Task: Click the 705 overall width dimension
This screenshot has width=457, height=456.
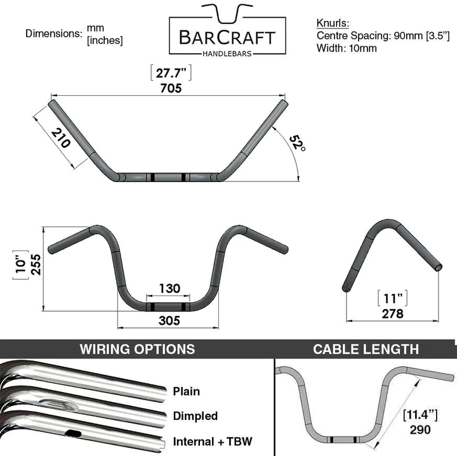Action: point(171,88)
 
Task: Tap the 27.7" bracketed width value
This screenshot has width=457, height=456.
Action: point(171,73)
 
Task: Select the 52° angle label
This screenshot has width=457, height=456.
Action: point(298,143)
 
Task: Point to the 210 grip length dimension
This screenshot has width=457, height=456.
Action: point(61,138)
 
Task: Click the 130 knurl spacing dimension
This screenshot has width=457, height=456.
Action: point(169,289)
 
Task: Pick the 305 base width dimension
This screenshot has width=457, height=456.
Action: point(169,321)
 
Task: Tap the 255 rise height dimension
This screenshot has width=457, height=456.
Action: point(36,264)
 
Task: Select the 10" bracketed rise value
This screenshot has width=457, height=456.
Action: point(21,264)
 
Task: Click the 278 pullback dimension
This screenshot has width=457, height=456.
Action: point(393,313)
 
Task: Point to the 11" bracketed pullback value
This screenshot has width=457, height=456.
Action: point(393,298)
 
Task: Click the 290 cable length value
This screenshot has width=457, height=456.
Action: point(420,429)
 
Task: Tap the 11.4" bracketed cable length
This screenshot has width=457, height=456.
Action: point(420,415)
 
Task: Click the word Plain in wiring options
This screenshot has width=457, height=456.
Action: point(187,391)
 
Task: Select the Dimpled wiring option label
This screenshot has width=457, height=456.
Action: point(195,416)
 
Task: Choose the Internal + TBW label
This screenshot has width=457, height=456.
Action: point(213,441)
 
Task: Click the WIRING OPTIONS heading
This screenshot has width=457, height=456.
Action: point(137,349)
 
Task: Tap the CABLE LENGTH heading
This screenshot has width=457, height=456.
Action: point(366,349)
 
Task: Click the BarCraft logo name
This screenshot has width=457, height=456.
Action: point(227,37)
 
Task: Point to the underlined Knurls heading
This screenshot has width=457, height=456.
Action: point(333,23)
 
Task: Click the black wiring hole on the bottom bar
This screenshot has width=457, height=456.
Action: point(73,434)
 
